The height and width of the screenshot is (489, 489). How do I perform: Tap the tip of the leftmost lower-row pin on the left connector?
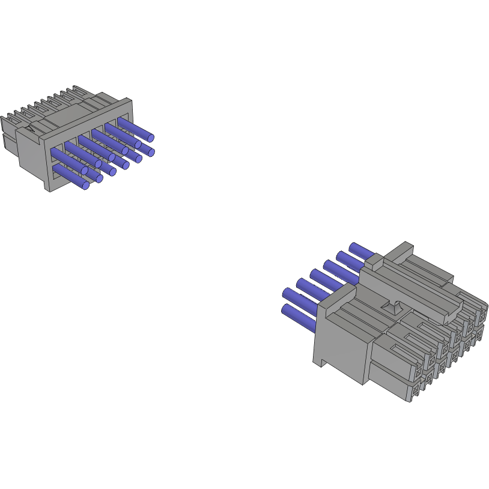coord(85,186)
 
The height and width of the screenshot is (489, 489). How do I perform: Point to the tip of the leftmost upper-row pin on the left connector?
coord(84,171)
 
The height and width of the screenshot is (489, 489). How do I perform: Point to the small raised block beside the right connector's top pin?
coord(373,260)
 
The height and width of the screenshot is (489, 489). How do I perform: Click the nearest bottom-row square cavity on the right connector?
coord(417,392)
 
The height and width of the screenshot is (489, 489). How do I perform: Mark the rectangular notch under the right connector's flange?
coord(323,362)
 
